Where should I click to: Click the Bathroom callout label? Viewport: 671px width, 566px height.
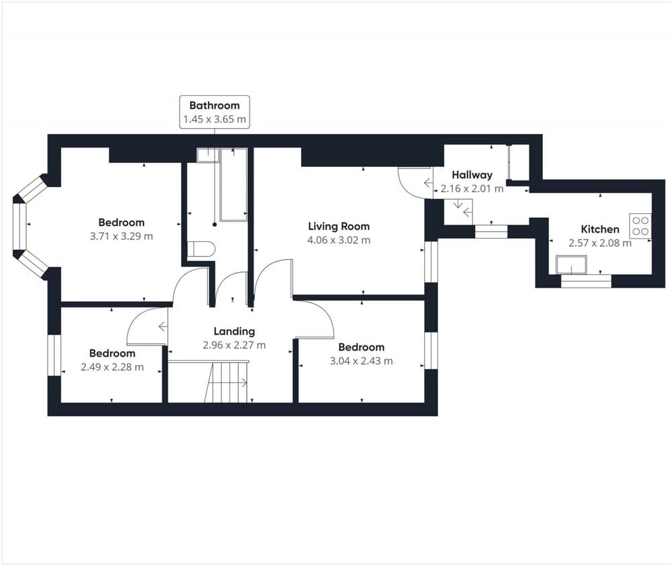214,113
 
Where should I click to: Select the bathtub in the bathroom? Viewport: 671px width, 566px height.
234,184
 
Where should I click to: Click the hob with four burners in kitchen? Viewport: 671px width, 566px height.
640,225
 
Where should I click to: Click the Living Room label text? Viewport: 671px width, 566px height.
339,227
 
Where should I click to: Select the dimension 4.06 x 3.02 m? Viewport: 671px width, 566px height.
339,240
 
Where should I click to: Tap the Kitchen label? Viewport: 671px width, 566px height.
600,229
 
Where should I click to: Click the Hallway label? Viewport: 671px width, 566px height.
472,175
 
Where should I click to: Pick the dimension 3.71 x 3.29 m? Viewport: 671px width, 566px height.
121,236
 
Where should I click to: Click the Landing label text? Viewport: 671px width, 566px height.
234,331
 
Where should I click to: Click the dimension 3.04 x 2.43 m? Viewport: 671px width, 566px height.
361,361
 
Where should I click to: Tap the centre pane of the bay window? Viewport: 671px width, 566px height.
19,228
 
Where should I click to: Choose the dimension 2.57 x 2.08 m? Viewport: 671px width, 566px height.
600,243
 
